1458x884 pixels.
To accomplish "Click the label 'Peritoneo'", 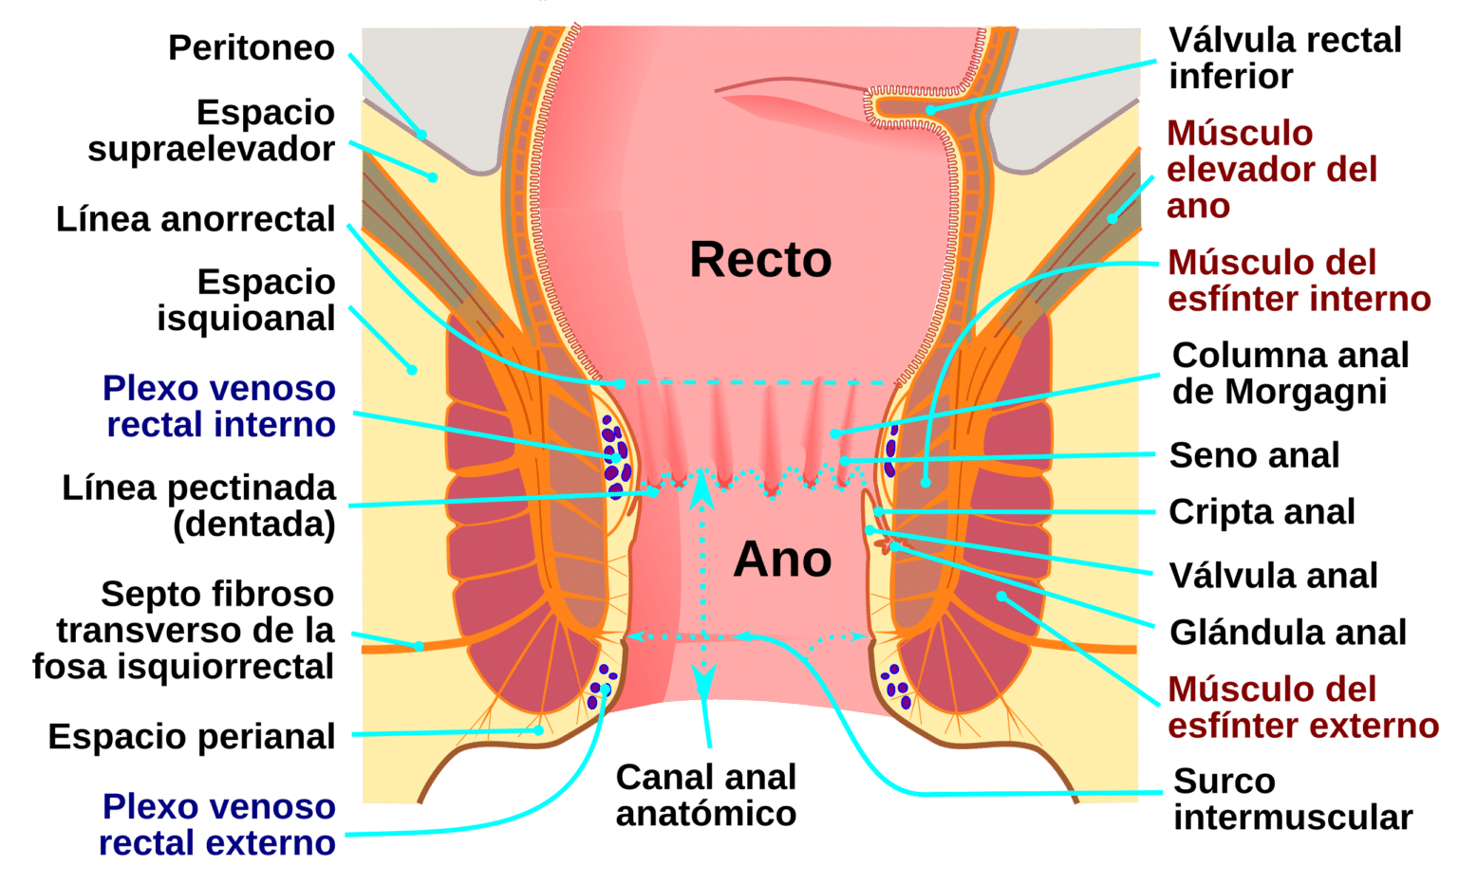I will pyautogui.click(x=251, y=48).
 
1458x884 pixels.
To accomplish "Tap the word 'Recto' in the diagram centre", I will pyautogui.click(x=760, y=260).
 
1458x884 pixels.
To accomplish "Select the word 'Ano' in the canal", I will pyautogui.click(x=782, y=560).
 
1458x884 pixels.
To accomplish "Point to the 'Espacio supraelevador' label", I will pyautogui.click(x=211, y=131).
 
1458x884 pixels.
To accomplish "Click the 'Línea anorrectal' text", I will pyautogui.click(x=196, y=219).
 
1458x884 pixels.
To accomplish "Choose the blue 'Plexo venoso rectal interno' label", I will pyautogui.click(x=219, y=407).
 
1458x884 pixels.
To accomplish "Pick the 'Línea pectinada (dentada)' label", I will pyautogui.click(x=199, y=506).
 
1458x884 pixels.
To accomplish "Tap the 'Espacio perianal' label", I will pyautogui.click(x=192, y=737).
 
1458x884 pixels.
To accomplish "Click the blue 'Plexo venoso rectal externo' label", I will pyautogui.click(x=218, y=824).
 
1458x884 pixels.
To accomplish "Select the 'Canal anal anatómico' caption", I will pyautogui.click(x=705, y=795).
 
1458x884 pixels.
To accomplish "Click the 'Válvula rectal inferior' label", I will pyautogui.click(x=1284, y=58).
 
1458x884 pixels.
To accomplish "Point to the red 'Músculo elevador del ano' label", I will pyautogui.click(x=1271, y=170).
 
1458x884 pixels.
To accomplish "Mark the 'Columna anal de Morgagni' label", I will pyautogui.click(x=1290, y=373).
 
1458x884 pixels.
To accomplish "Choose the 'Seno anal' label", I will pyautogui.click(x=1254, y=455).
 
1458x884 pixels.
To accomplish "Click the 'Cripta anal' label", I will pyautogui.click(x=1262, y=512).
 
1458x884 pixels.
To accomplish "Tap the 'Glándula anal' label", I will pyautogui.click(x=1287, y=633).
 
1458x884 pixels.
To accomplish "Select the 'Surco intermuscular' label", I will pyautogui.click(x=1292, y=799).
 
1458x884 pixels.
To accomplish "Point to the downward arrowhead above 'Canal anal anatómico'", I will pyautogui.click(x=703, y=679).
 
